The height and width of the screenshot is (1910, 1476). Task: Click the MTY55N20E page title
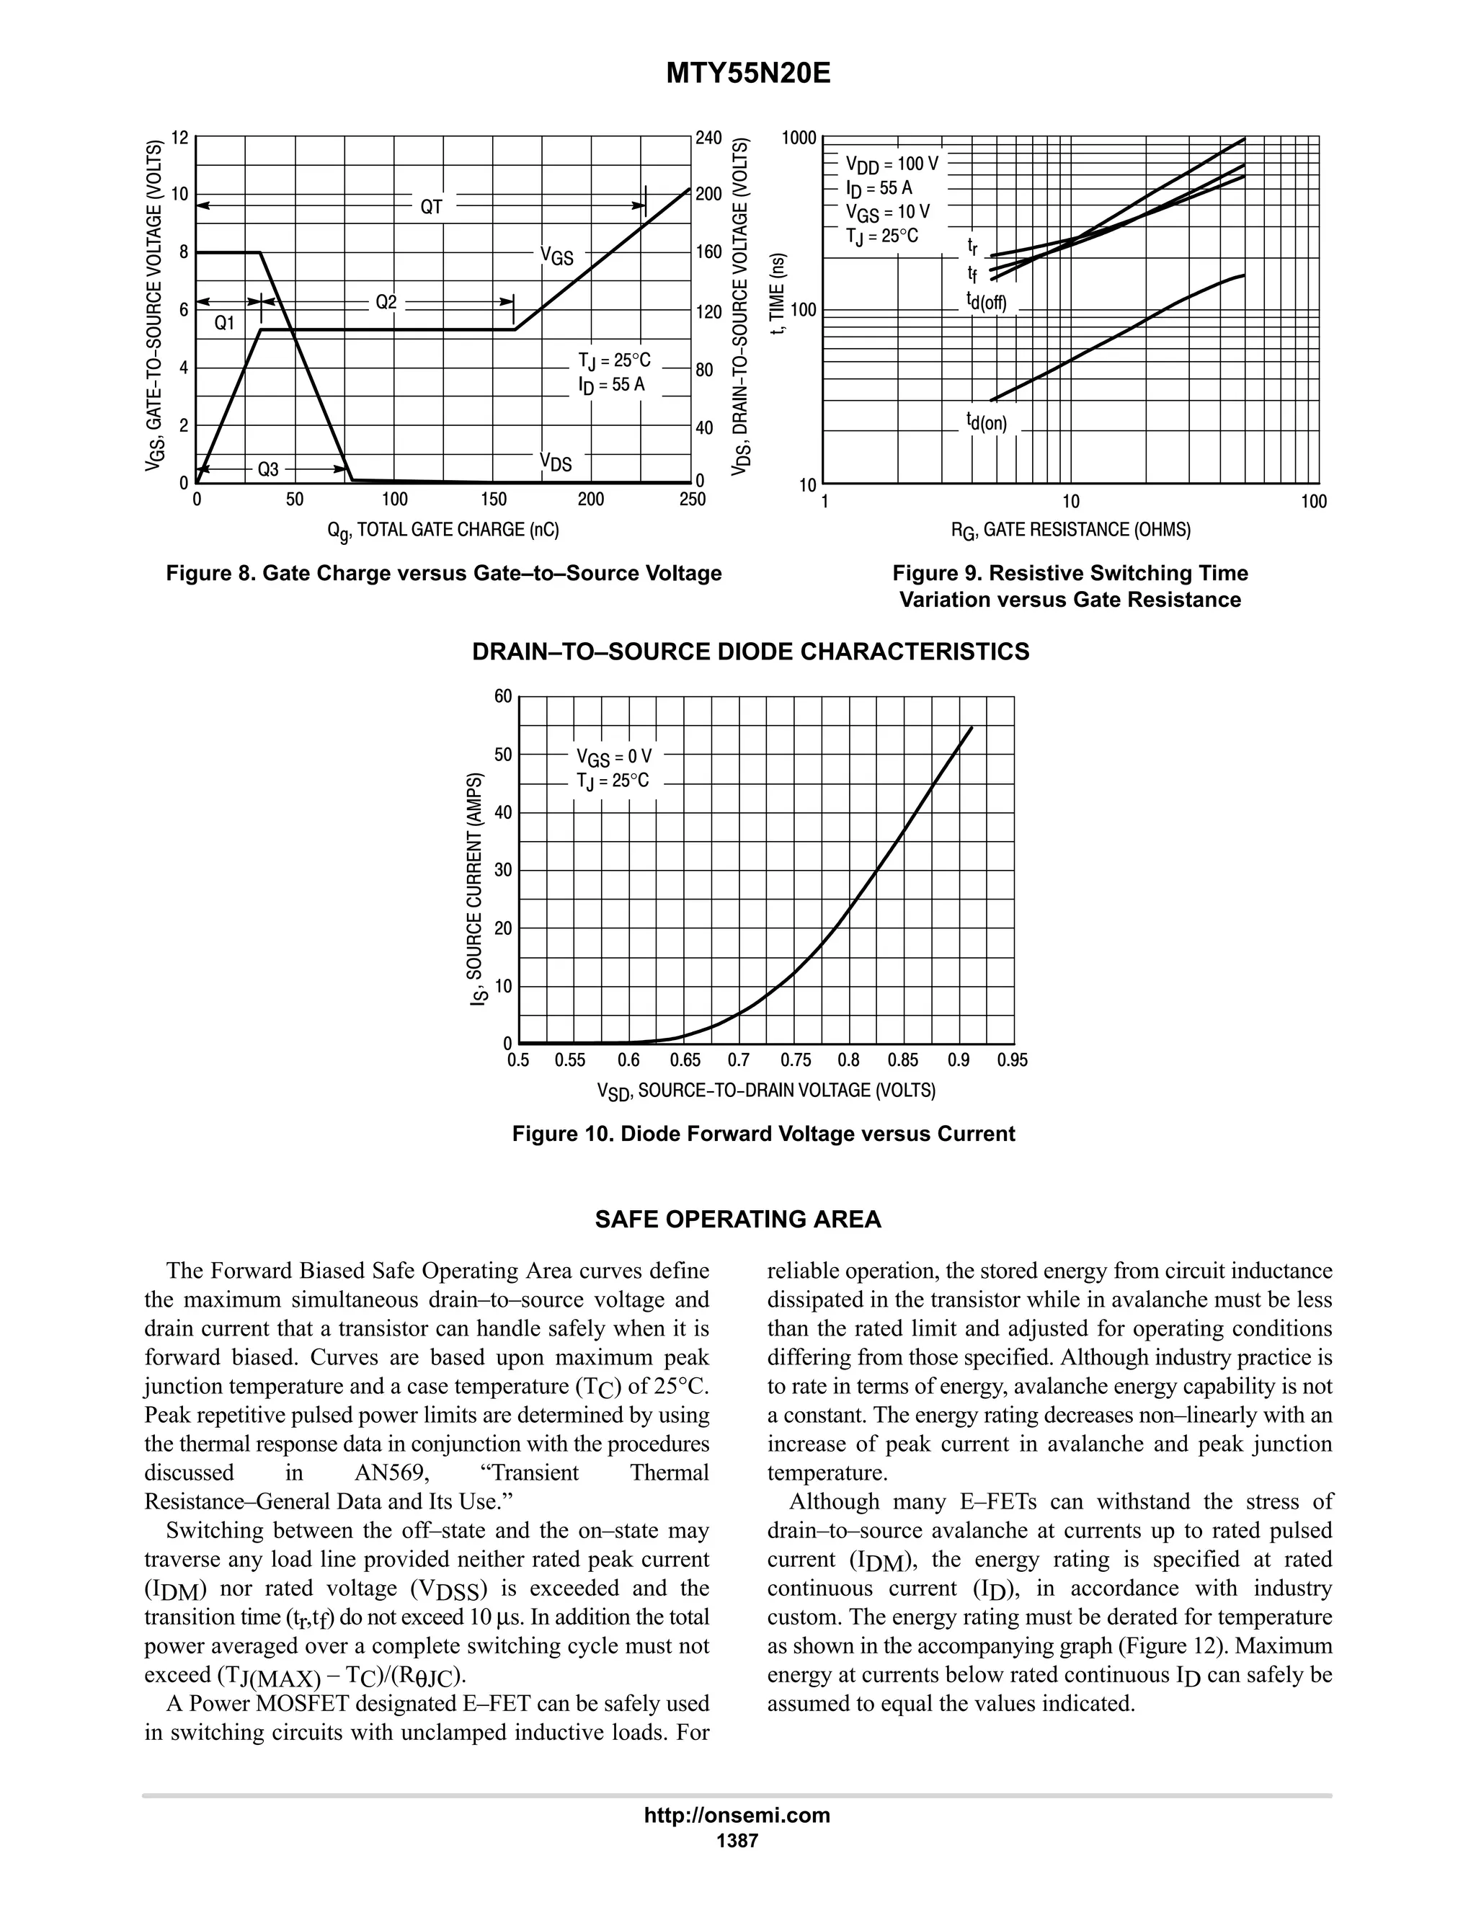coord(747,74)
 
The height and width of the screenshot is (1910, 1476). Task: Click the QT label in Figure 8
coord(431,208)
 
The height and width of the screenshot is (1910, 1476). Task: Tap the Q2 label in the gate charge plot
coord(386,303)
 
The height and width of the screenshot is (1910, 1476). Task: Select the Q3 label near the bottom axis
coord(267,470)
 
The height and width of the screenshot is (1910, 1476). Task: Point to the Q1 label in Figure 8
coord(225,323)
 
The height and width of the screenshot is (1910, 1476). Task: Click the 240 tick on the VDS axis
coord(708,138)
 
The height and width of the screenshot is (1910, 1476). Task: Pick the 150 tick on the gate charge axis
coord(493,500)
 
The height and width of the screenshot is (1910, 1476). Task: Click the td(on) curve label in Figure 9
coord(987,423)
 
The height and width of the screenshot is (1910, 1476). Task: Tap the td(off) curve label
coord(987,303)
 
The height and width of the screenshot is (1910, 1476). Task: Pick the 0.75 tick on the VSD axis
coord(796,1061)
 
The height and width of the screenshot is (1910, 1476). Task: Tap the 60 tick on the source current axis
coord(503,697)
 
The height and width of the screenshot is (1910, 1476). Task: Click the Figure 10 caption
coord(763,1134)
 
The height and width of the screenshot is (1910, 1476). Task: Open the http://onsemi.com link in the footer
coord(737,1815)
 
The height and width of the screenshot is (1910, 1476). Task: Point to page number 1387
coord(737,1840)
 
